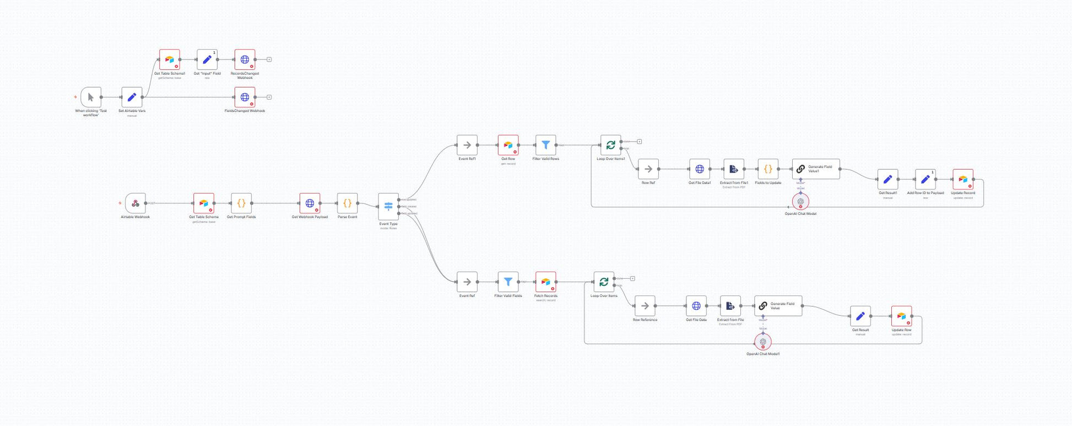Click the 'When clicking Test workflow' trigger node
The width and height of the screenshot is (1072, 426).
point(91,98)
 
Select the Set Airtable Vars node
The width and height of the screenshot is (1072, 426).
point(132,98)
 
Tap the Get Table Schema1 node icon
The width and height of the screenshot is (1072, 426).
point(170,60)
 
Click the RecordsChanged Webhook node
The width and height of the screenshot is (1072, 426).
point(245,60)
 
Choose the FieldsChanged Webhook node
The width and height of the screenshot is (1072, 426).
point(245,98)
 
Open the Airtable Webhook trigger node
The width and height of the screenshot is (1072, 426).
point(136,203)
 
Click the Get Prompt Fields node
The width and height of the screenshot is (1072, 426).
point(241,203)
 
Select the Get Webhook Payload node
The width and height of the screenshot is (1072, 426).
point(310,203)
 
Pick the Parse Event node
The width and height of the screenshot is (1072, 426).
point(347,203)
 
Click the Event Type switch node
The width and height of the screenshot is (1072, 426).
point(388,207)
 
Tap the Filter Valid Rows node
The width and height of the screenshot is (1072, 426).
point(545,145)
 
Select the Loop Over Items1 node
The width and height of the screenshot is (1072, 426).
point(610,145)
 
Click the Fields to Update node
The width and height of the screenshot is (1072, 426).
point(768,169)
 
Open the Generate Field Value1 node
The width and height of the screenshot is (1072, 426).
point(816,169)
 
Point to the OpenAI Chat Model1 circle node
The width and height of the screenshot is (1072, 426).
point(763,342)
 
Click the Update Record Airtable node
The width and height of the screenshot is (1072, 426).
point(963,180)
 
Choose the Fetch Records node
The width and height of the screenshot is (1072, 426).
point(545,282)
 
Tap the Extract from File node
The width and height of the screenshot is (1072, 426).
point(730,306)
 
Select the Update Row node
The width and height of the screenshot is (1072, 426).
point(901,316)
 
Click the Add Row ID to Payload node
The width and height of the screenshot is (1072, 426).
point(925,180)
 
